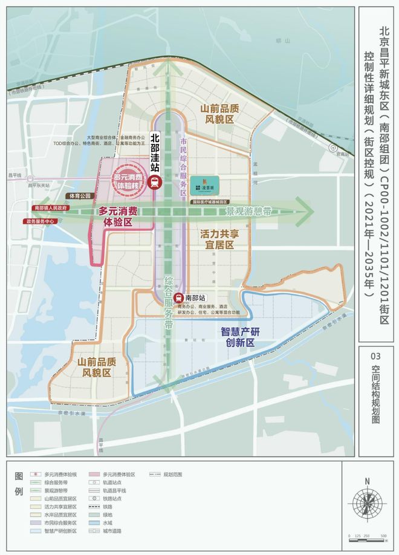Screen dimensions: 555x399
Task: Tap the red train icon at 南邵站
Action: [178, 298]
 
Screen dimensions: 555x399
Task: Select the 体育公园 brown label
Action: [79, 196]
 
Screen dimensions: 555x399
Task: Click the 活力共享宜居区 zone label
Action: [225, 239]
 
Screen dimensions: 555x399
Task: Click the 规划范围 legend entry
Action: [163, 475]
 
